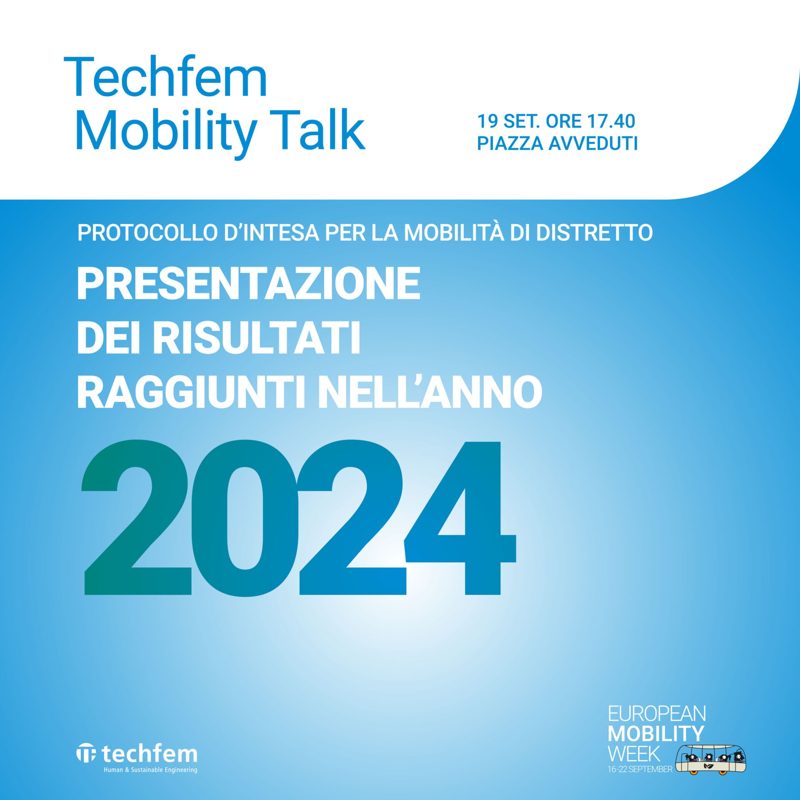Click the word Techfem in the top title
(165, 77)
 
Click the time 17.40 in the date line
(611, 121)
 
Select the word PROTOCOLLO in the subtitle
(148, 233)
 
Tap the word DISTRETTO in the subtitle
(595, 233)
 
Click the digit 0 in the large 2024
(245, 518)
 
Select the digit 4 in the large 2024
(461, 518)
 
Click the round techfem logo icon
(86, 754)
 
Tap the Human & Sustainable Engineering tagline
(150, 770)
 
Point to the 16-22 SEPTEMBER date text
(640, 769)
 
